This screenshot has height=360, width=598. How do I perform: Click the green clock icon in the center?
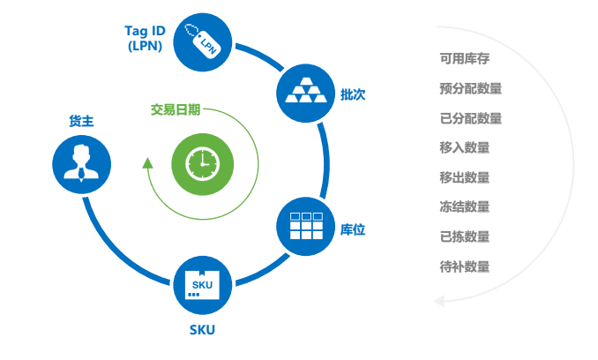(x=203, y=164)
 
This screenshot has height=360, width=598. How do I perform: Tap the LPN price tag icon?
(x=203, y=42)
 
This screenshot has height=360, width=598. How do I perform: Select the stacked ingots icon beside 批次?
(x=305, y=93)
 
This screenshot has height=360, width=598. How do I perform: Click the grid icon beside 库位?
(x=305, y=226)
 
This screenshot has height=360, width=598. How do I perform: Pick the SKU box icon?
(x=203, y=285)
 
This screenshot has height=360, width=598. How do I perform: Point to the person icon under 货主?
(x=82, y=164)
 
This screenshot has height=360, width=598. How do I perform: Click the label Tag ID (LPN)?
(x=145, y=38)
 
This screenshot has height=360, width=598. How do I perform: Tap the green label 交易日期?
(x=176, y=109)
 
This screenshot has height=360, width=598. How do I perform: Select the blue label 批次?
(x=353, y=94)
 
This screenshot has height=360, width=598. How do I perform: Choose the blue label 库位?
(x=353, y=229)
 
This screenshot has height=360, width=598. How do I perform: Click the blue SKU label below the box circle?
(x=202, y=330)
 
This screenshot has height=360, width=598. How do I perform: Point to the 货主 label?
(x=81, y=121)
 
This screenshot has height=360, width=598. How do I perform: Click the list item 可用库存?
(x=465, y=58)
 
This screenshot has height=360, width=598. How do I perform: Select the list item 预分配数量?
(x=471, y=88)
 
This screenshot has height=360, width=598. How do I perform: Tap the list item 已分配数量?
(x=471, y=118)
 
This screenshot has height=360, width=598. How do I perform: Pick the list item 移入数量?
(x=465, y=147)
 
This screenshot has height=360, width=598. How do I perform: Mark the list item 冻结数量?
(x=465, y=207)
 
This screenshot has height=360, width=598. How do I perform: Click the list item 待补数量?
(x=465, y=266)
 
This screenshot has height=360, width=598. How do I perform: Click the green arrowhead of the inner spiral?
(x=147, y=163)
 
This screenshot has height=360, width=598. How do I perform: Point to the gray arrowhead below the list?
(x=439, y=301)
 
